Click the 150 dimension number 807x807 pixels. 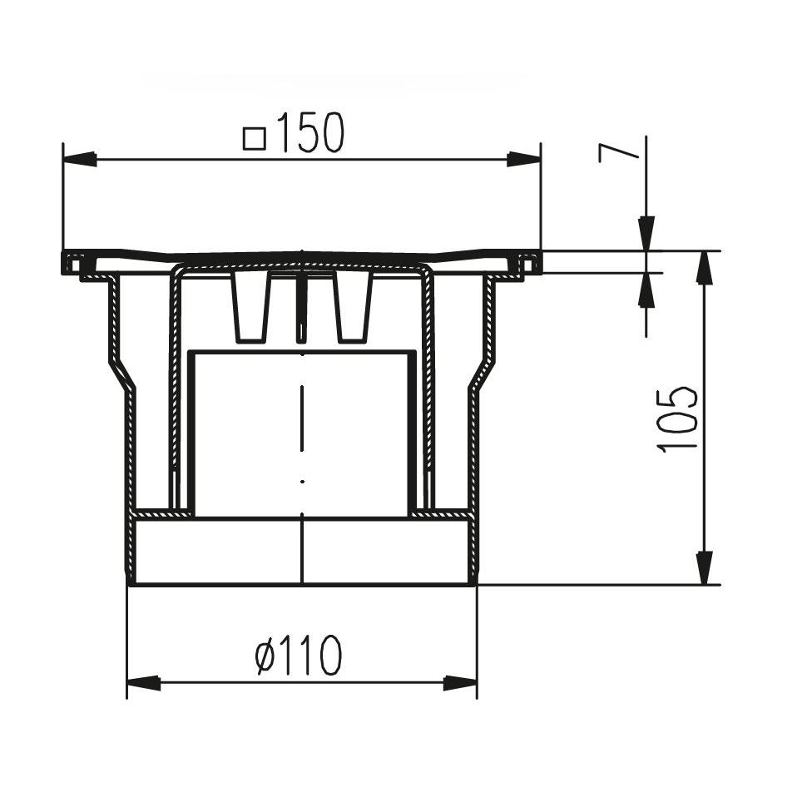point(310,133)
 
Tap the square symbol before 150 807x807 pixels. point(255,139)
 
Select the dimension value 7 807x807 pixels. point(618,153)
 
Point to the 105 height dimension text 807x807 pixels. point(677,420)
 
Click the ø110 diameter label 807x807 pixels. point(299,655)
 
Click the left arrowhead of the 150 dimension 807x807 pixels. point(79,159)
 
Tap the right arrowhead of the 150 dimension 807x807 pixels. point(524,159)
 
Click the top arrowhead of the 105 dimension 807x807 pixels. point(705,268)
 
